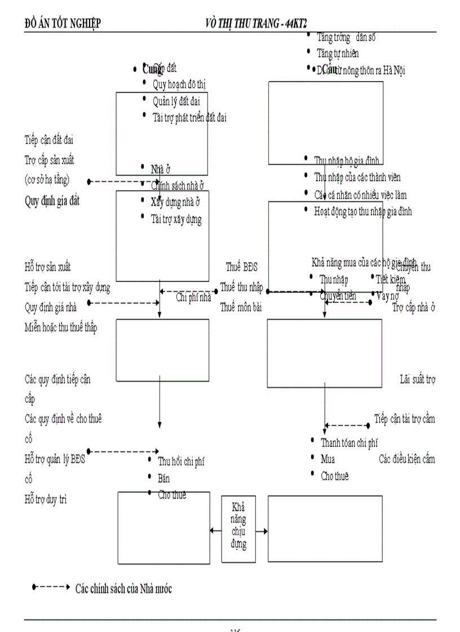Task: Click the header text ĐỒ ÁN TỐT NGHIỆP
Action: click(63, 23)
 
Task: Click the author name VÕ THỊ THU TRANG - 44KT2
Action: click(260, 23)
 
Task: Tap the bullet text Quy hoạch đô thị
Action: click(179, 85)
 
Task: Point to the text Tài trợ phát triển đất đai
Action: click(189, 117)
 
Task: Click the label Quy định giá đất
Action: click(52, 201)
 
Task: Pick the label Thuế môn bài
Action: click(241, 307)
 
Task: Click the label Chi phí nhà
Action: click(193, 298)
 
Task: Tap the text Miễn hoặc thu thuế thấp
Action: click(60, 328)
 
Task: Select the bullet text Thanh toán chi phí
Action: click(349, 443)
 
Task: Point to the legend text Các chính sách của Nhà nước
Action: click(123, 589)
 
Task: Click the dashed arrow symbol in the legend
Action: click(50, 587)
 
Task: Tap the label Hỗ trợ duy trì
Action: click(46, 498)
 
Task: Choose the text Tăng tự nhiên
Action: click(337, 53)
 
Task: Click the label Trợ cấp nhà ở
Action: click(414, 307)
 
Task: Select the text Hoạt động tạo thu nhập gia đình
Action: click(362, 212)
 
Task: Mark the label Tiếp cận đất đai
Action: click(49, 139)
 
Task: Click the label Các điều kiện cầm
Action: click(406, 459)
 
